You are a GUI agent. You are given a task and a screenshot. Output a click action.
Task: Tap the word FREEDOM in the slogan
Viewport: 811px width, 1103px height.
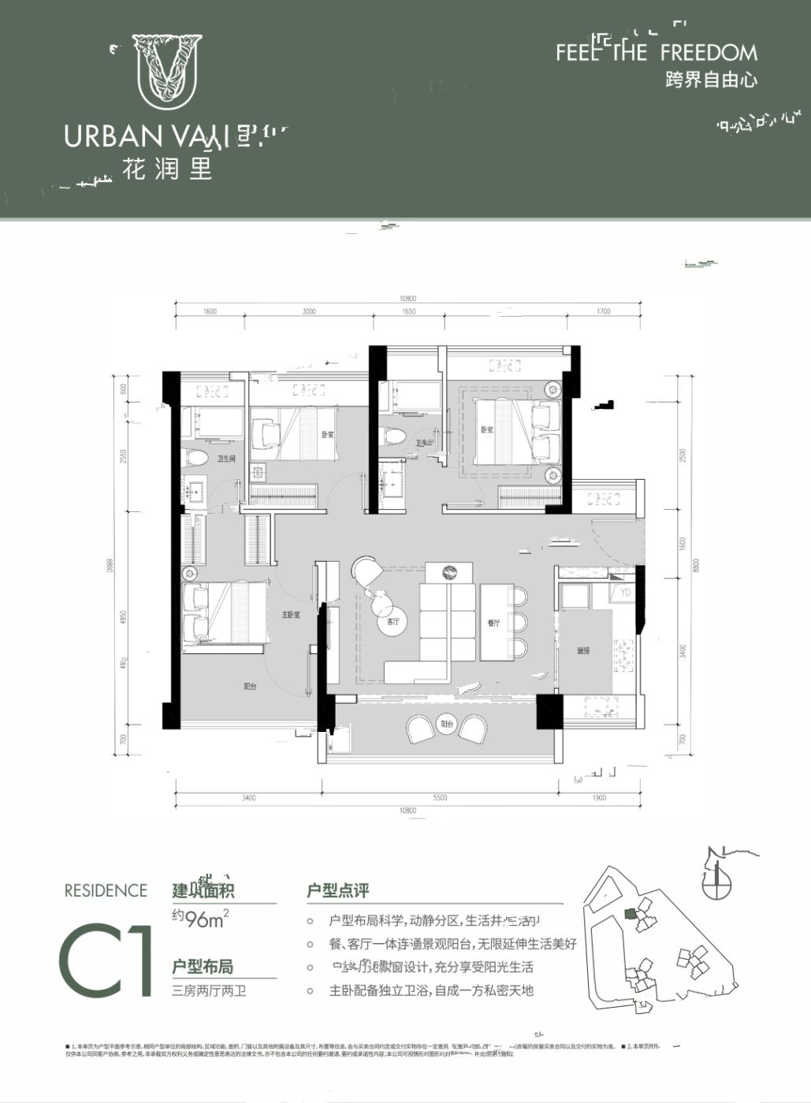point(709,53)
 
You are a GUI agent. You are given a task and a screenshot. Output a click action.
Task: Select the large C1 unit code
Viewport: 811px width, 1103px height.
point(106,960)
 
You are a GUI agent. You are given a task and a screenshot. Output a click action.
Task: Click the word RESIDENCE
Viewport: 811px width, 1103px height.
point(106,891)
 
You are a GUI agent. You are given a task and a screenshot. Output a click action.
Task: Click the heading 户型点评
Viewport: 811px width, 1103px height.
point(337,891)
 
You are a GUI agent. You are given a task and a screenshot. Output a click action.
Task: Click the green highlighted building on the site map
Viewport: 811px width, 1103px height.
point(628,914)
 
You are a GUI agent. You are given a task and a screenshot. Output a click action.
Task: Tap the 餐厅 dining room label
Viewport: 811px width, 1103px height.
point(494,622)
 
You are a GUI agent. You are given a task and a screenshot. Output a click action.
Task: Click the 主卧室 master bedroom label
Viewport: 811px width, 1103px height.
point(291,615)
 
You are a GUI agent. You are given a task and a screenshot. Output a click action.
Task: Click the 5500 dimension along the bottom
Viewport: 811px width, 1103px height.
point(440,798)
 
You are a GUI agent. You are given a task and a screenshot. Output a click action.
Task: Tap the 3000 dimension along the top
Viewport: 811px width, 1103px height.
point(309,312)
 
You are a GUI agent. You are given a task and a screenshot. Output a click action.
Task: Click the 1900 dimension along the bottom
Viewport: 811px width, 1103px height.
point(599,798)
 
